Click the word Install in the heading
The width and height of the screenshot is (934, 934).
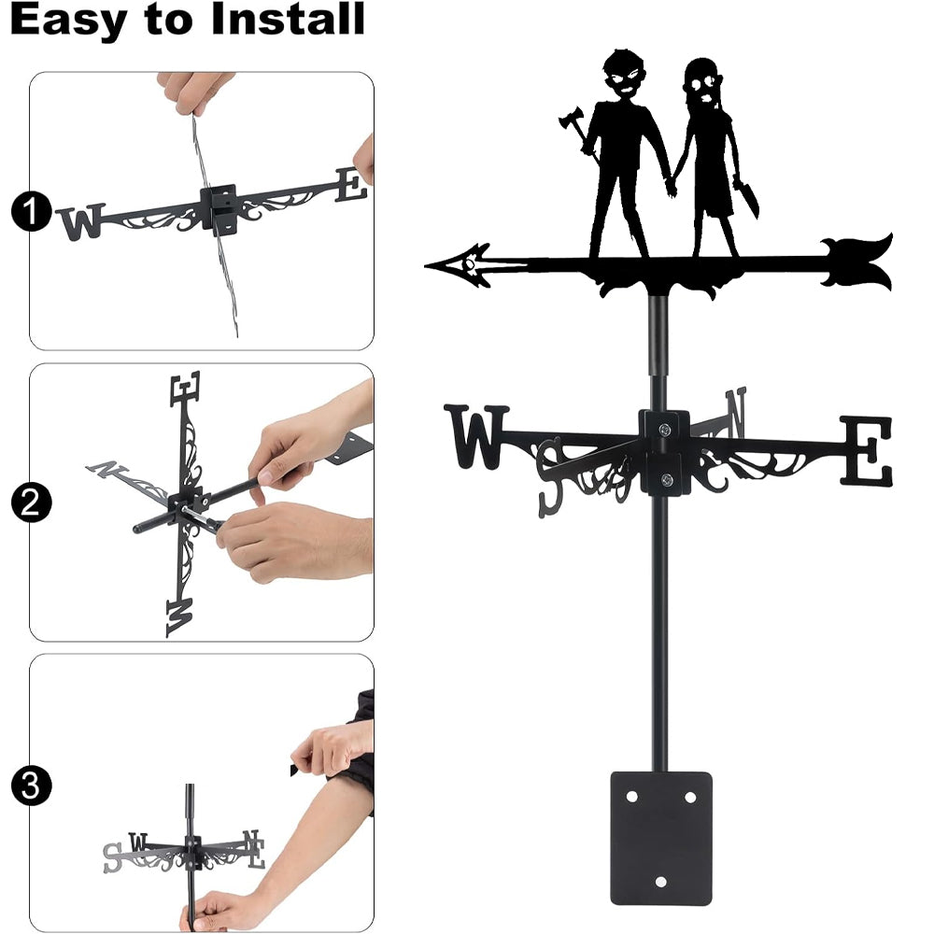coord(288,19)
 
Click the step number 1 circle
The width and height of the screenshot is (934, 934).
coord(31,211)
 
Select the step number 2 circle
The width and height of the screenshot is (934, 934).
coord(31,502)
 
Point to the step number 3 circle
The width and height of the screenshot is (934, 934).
coord(31,785)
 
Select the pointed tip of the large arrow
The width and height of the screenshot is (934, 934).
coord(425,265)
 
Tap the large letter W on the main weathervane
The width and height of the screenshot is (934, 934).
coord(476,436)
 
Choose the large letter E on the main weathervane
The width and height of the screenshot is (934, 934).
coord(867,450)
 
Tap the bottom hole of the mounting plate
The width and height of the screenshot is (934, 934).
coord(661,883)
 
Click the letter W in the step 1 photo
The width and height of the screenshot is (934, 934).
coord(82,221)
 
